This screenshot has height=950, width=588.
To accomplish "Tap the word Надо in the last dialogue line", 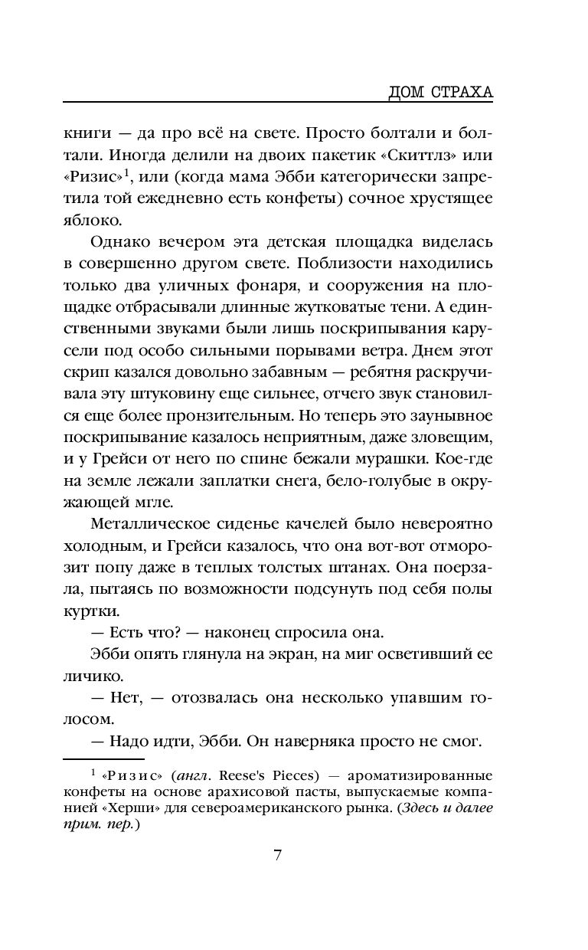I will coord(129,742).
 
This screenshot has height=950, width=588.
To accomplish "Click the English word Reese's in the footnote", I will coord(230,773).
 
